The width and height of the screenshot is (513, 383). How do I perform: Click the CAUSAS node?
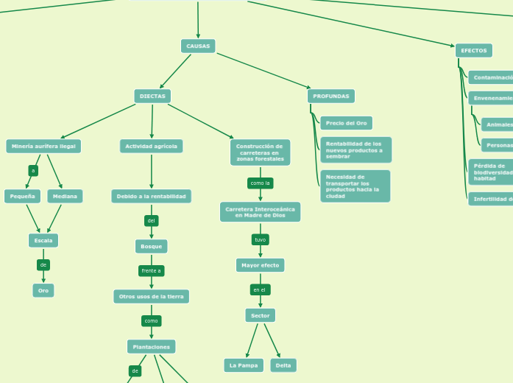point(198,46)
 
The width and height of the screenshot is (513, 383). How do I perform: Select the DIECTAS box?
point(152,96)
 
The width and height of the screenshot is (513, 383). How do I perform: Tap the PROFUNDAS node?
point(331,96)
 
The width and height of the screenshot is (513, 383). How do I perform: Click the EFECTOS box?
point(474,51)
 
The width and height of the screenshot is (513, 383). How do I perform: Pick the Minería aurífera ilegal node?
point(43,147)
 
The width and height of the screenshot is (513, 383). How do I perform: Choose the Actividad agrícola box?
point(151,147)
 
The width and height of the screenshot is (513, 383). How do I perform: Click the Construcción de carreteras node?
point(260,152)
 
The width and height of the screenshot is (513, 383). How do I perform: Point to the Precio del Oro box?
point(346,123)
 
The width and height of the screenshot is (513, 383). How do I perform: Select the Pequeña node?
point(22,197)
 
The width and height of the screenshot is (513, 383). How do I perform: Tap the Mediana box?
point(65,197)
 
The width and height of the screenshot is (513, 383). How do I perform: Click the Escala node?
point(43,241)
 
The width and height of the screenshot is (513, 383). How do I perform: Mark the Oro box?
point(43,291)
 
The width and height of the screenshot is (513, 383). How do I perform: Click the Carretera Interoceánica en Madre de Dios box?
point(260,212)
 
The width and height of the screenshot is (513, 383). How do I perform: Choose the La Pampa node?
point(244,365)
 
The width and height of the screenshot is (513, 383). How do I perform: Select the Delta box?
point(283,365)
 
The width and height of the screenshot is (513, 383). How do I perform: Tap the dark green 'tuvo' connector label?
point(260,240)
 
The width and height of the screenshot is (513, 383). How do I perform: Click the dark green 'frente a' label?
point(151,271)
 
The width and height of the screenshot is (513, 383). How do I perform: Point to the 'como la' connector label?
point(261,183)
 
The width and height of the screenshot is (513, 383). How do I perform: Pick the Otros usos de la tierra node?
point(151,297)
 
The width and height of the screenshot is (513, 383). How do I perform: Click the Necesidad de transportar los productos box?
point(355,186)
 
